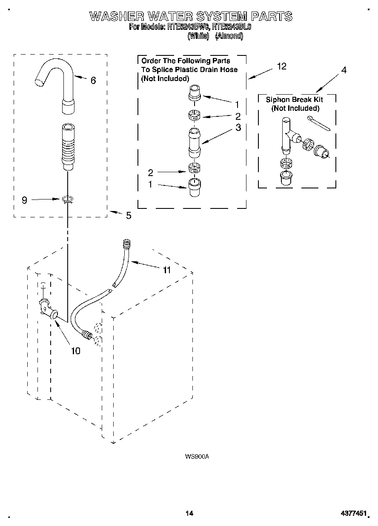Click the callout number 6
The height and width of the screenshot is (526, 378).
tap(93, 80)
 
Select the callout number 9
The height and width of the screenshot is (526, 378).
tap(24, 199)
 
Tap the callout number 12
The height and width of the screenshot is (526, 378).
tap(281, 66)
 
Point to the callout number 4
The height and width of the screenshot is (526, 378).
tap(344, 70)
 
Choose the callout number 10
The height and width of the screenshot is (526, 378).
tap(75, 351)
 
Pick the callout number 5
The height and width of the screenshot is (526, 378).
tap(129, 216)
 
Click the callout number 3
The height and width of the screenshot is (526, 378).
tap(238, 127)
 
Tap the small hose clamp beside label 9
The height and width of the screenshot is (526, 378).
tap(67, 199)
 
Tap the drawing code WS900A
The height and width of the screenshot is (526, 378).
tap(197, 457)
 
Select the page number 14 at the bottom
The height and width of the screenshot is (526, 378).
tap(189, 513)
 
